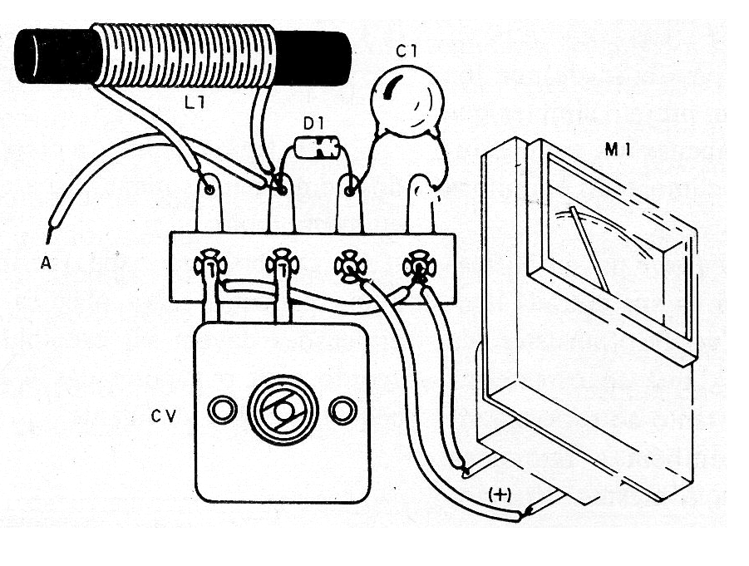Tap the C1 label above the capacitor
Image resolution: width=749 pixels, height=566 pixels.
[407, 51]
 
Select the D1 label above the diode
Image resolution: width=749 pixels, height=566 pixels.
[313, 124]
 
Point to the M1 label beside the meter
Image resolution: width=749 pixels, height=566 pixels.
[618, 150]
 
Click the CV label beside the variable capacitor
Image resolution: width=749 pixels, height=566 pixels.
[164, 416]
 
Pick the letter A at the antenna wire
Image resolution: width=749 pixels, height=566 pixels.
[46, 263]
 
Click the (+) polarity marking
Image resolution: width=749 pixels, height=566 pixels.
[500, 495]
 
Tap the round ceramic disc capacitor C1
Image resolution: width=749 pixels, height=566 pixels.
[407, 101]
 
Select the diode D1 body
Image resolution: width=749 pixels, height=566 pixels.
[317, 148]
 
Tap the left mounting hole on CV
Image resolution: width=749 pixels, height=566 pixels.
[222, 410]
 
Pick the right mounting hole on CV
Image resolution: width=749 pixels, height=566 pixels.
[342, 410]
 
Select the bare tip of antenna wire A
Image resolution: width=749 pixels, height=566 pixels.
[49, 235]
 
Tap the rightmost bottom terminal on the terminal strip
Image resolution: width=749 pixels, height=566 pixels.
[419, 265]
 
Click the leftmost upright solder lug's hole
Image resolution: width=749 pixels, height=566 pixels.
[209, 189]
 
